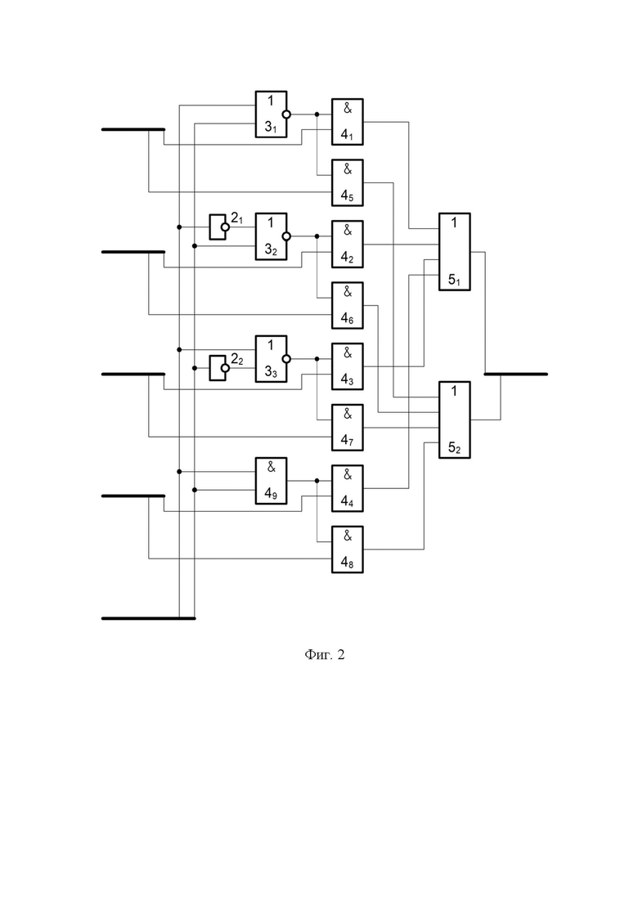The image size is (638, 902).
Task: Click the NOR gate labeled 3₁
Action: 271,114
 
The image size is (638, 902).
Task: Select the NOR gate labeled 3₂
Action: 271,236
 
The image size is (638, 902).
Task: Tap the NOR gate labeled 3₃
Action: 271,359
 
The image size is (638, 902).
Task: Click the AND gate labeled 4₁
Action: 348,122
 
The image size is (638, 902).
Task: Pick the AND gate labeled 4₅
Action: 348,182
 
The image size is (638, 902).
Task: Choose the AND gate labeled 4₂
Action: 348,244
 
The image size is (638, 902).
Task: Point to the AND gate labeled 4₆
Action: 348,306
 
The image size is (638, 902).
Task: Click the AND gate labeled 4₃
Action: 348,366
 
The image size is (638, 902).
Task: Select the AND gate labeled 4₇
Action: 348,428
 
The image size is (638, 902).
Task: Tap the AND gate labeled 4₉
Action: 271,481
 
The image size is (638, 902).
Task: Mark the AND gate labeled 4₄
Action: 348,488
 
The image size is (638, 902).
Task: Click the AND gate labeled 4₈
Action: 348,550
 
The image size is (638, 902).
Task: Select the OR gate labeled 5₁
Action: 455,252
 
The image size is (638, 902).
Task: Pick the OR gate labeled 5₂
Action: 455,420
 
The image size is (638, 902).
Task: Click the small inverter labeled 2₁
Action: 219,227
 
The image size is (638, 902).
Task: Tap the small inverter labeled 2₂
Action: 219,368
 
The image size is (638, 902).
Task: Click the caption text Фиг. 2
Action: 325,655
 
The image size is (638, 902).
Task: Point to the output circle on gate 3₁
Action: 286,114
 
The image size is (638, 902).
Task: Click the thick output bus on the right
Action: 515,374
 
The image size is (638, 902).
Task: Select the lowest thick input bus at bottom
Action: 148,618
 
